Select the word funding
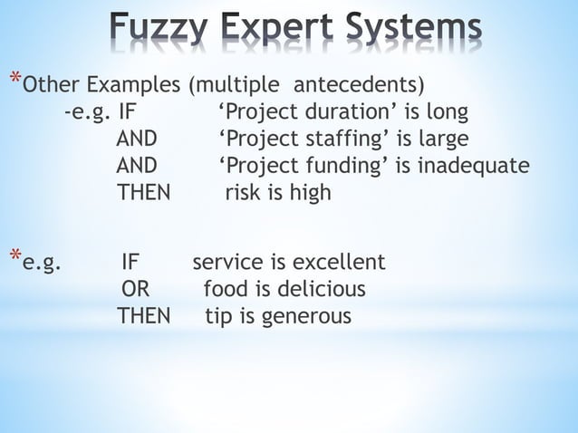[x=345, y=166]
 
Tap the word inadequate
[x=472, y=166]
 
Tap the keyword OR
[x=136, y=290]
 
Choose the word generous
[x=308, y=317]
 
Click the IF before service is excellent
[x=130, y=263]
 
